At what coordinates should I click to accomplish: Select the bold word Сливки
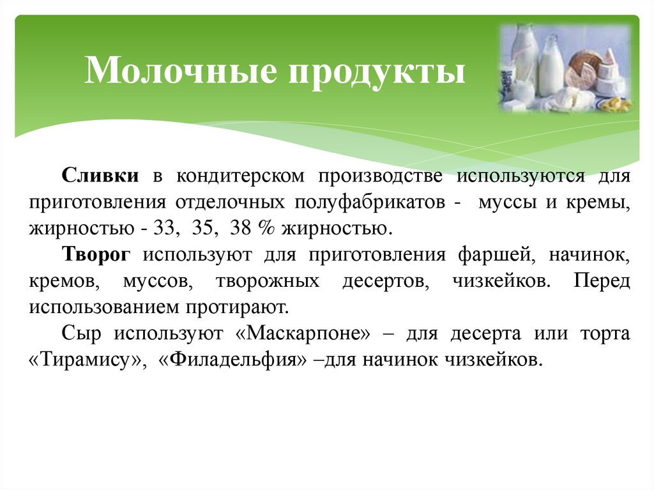[x=102, y=176]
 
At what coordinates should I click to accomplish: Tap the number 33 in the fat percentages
[x=165, y=228]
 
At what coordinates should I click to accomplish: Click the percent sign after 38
[x=262, y=228]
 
